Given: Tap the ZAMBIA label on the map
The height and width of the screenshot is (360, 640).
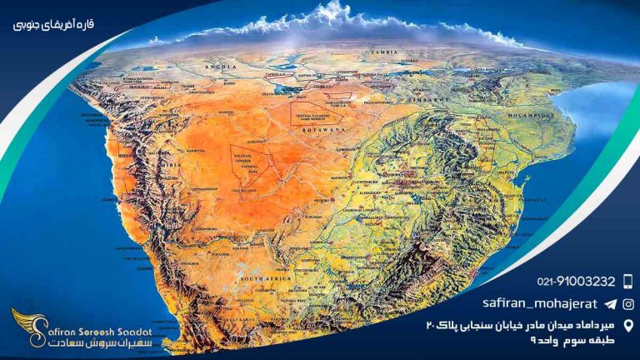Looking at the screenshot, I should (388, 52).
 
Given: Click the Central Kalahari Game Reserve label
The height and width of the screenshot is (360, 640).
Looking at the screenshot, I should (308, 107).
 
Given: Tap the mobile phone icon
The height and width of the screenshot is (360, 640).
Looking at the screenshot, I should (627, 281).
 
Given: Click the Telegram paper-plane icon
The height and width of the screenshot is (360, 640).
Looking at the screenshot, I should (610, 304).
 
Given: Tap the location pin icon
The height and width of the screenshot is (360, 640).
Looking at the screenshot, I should (627, 325).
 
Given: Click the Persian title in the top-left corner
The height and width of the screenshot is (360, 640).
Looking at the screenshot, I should (54, 24).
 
